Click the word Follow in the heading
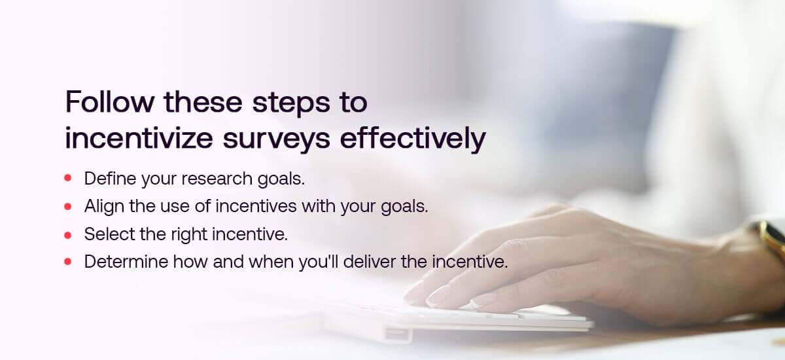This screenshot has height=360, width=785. (110, 101)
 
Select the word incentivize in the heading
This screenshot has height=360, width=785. (139, 138)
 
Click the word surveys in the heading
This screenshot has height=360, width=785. (277, 141)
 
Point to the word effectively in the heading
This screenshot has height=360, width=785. (413, 139)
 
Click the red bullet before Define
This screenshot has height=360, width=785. (68, 178)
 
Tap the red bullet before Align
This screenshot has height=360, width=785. (68, 206)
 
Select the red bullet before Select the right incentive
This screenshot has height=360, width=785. (68, 235)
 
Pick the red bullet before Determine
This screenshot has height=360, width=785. (68, 262)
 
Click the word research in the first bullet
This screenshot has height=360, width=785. (217, 179)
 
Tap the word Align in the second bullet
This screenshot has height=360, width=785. (104, 207)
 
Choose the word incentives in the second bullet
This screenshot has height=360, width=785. (256, 206)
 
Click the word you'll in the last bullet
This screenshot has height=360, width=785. (319, 262)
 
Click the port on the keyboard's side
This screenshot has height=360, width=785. (397, 334)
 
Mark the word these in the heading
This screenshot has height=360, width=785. (203, 101)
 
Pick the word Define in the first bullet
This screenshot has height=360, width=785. (111, 178)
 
